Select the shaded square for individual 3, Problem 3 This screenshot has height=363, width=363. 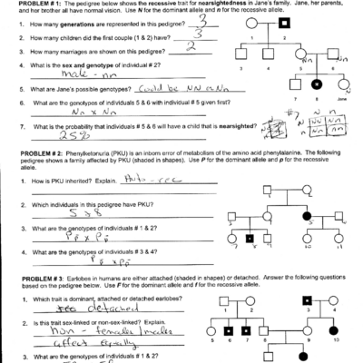[x=307, y=299]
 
